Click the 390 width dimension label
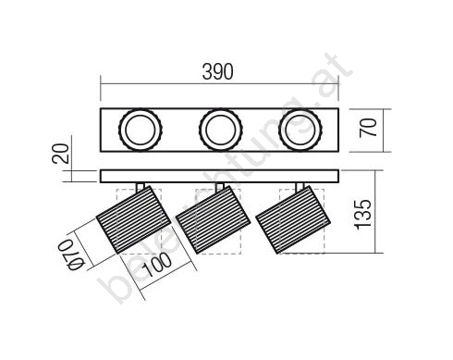coord(217,72)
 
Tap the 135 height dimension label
coord(363,215)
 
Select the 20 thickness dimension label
coord(60,154)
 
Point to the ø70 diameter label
coord(71,254)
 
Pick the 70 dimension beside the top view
coord(368,128)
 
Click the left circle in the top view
coord(141,130)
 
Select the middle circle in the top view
coord(220,130)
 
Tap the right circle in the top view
coord(300,130)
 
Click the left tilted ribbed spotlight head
coord(133,219)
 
